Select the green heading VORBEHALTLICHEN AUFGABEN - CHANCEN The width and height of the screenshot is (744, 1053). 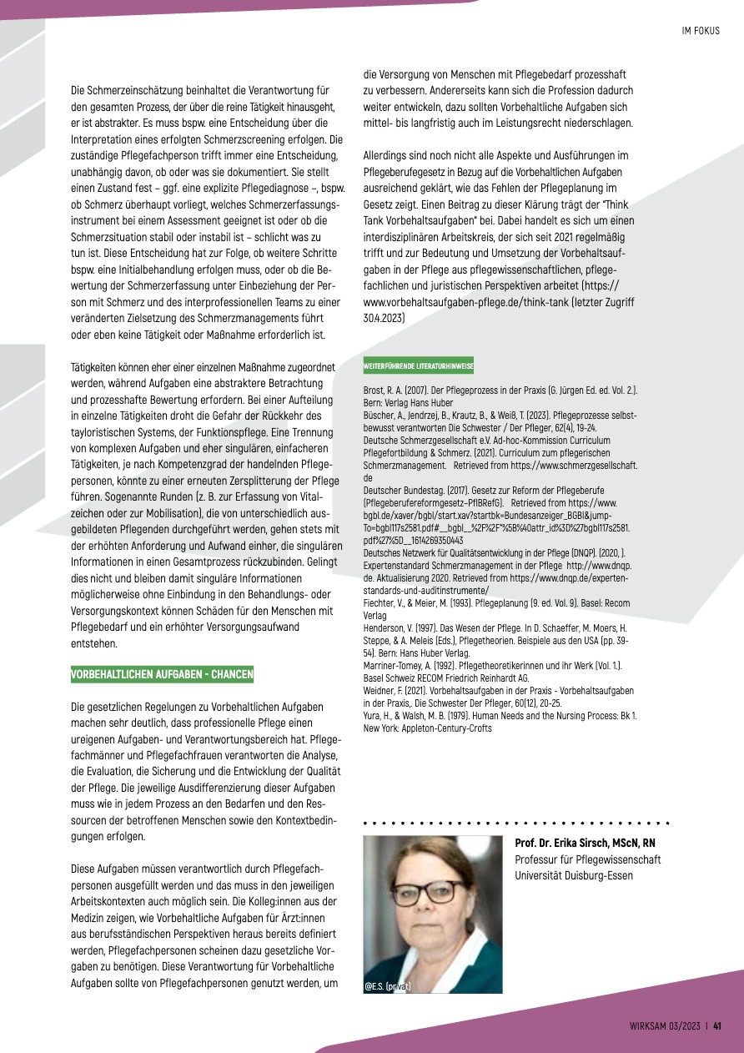point(163,674)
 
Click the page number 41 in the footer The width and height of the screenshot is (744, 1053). point(716,1027)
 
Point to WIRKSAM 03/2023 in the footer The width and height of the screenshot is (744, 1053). point(664,1027)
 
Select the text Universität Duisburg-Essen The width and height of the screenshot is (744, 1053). point(574,875)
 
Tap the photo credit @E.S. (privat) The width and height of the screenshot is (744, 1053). point(388,986)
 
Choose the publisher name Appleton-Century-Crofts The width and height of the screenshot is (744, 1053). point(446,728)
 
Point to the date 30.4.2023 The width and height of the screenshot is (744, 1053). point(385,319)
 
